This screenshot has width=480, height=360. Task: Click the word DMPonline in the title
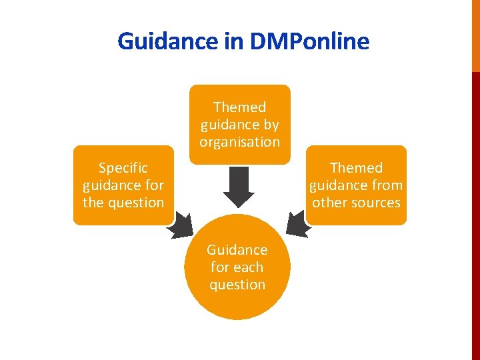[x=309, y=41]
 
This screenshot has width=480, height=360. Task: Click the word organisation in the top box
[x=239, y=142]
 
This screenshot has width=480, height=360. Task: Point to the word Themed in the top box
[x=239, y=107]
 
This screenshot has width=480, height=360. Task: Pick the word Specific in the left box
[x=123, y=168]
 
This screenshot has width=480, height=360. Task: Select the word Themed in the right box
[x=356, y=168]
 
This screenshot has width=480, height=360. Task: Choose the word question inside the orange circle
[x=237, y=285]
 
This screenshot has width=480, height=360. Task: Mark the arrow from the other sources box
[x=297, y=225]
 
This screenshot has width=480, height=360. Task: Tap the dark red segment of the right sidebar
[x=475, y=213]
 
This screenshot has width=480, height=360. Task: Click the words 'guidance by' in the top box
[x=239, y=125]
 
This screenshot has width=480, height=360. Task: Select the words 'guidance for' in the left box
[x=123, y=185]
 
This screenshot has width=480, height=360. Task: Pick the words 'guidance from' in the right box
[x=356, y=185]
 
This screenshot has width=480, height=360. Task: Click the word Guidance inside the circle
[x=237, y=250]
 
